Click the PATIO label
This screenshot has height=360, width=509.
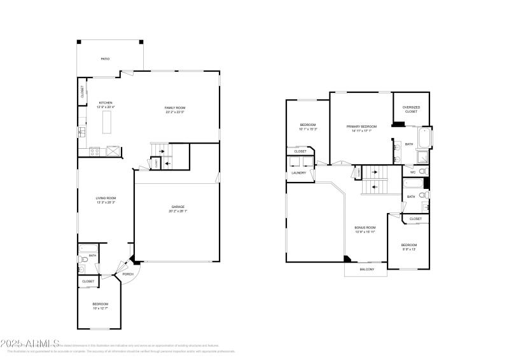(105, 59)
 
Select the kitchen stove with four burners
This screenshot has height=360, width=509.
(94, 151)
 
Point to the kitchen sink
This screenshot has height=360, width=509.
(82, 132)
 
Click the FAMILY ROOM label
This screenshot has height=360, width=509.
(175, 107)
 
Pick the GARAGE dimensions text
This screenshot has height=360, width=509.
(178, 211)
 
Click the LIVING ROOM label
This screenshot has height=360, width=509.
(106, 198)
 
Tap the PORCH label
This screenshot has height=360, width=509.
(119, 274)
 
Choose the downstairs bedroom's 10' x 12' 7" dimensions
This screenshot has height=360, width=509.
(101, 308)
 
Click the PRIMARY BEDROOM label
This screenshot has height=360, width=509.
(361, 126)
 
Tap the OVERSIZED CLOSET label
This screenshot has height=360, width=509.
(411, 107)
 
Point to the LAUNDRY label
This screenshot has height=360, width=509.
(298, 172)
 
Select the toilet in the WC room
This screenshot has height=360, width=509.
(422, 172)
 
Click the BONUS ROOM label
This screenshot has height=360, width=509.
(365, 227)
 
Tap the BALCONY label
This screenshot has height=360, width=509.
(366, 269)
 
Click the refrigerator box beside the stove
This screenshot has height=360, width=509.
(112, 151)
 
